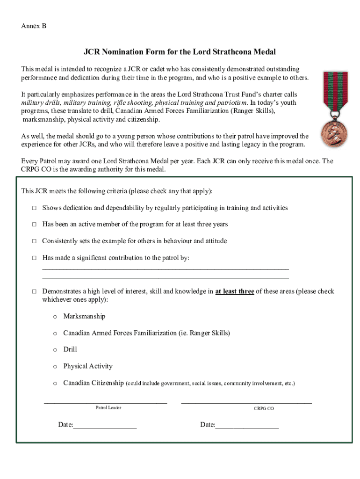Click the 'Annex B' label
coord(34,26)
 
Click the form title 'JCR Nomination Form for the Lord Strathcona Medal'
coord(180,51)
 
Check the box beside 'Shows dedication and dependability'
coord(34,208)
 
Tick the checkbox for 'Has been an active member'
coord(34,225)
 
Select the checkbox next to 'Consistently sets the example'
coord(34,241)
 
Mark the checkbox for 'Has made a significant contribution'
coord(34,258)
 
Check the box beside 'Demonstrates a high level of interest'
coord(34,291)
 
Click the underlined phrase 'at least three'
coord(235,291)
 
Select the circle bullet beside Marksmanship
coord(55,317)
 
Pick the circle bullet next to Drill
coord(55,350)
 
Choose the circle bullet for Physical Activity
coord(55,367)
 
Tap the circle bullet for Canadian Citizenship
coord(55,384)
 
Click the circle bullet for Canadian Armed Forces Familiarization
coord(55,334)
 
